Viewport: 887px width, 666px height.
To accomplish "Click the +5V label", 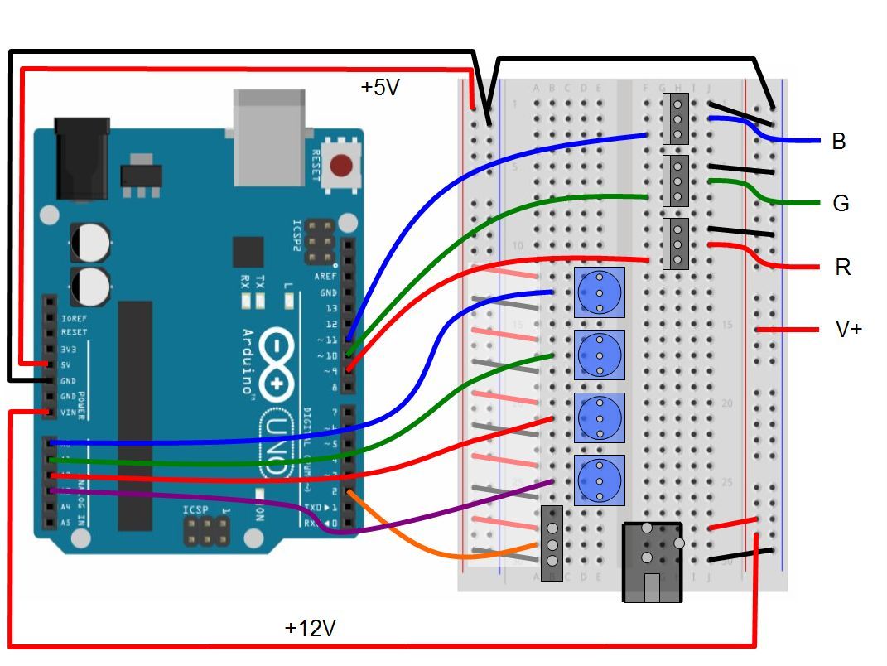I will (x=380, y=87).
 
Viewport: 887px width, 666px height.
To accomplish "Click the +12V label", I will (x=310, y=628).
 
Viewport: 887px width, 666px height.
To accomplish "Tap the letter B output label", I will (x=838, y=142).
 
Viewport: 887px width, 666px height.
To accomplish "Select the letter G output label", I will (x=841, y=204).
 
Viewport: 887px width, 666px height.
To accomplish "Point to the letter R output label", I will (x=841, y=268).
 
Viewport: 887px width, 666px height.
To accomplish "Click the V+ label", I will (x=848, y=329).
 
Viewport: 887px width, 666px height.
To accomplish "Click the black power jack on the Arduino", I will (x=82, y=157).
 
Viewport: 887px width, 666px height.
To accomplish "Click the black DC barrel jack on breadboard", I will (x=652, y=562).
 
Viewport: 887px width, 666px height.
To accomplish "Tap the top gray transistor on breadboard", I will (x=677, y=119).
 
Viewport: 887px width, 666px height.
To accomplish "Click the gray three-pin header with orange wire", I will (x=552, y=543).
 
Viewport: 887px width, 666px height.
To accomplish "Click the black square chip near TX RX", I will (x=248, y=252).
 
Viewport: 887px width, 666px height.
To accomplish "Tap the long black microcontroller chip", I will (x=135, y=414).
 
